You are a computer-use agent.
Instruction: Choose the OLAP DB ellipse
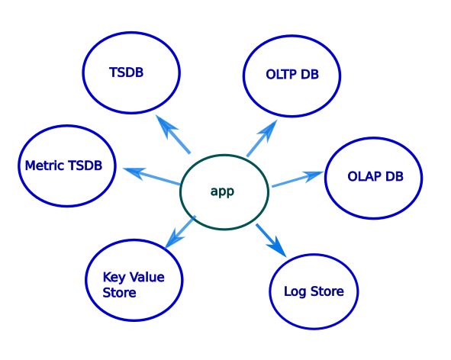[374, 177]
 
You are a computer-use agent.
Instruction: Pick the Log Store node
[314, 291]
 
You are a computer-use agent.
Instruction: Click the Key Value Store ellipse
[135, 279]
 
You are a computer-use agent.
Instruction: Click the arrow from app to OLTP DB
[261, 139]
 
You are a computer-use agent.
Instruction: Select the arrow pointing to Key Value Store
[181, 232]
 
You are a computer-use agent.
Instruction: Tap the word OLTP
[278, 75]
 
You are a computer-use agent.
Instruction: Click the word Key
[114, 278]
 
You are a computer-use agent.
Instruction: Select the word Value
[147, 278]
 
